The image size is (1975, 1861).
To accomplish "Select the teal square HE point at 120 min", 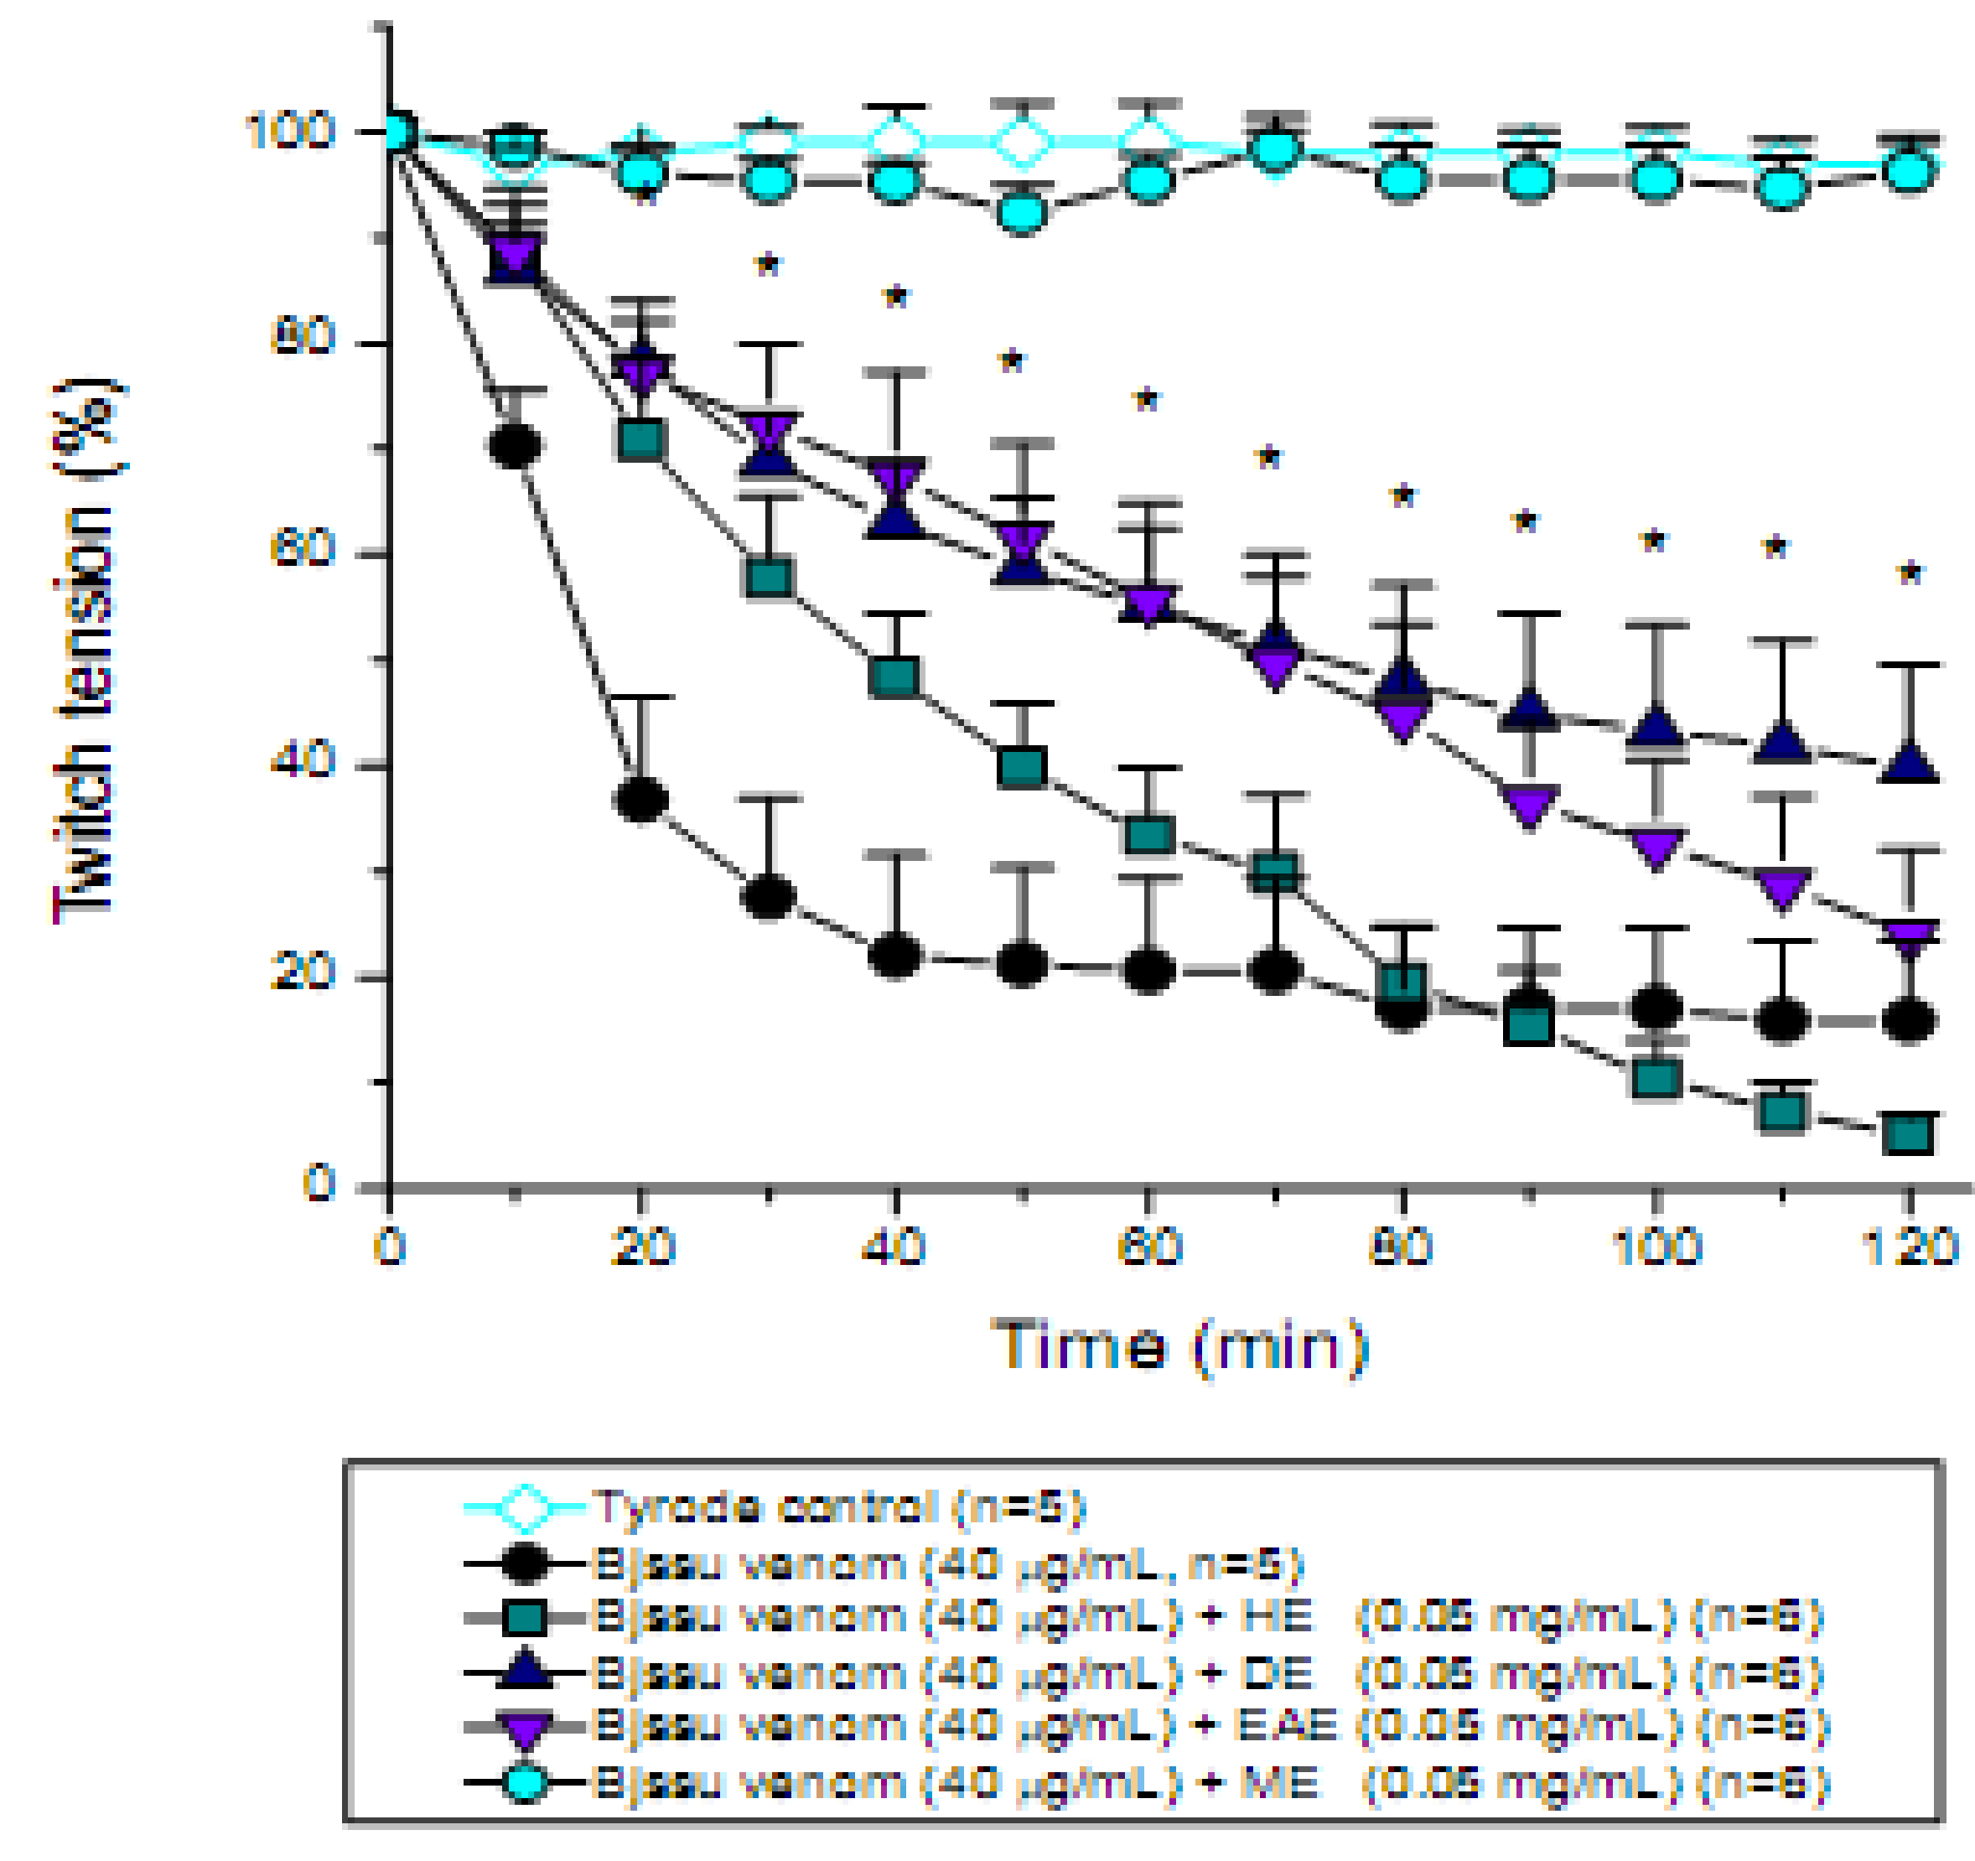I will coord(1909,1133).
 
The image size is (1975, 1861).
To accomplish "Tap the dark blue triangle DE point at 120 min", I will coord(1909,763).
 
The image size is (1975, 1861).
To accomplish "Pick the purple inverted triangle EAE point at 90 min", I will coord(1529,804).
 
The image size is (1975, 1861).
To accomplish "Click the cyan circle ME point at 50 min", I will coord(1022,213).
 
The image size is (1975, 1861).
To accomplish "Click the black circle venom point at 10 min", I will coord(516,444).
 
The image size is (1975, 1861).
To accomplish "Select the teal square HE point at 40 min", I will coord(895,677).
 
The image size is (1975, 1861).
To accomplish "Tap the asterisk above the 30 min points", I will coord(768,265).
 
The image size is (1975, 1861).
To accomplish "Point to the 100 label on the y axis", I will coord(289,131).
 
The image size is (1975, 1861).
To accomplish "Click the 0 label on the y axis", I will coord(318,1184).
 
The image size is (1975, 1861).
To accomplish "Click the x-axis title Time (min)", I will coord(1180,1347).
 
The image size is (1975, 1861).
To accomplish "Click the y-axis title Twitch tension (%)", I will coord(87,651).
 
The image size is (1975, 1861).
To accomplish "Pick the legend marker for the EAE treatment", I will coord(524,1727).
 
